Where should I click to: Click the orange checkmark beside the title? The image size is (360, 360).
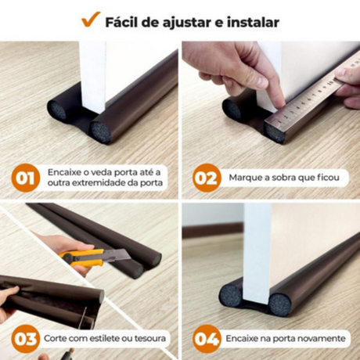[91, 19]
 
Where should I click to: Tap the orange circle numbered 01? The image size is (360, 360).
[26, 178]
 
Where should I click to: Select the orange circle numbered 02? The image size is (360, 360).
[207, 178]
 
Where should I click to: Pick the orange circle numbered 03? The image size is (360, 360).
[26, 339]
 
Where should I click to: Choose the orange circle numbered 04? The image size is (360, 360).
[207, 339]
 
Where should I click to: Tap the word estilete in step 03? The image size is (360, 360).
[104, 338]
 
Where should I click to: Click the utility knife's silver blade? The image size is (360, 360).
[116, 256]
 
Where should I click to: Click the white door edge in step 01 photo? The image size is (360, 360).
[93, 77]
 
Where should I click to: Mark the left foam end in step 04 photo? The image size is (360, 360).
[231, 297]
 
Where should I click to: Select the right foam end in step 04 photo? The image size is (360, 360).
[279, 304]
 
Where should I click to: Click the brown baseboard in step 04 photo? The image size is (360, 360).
[213, 230]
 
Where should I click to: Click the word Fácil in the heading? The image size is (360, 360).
[122, 22]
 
